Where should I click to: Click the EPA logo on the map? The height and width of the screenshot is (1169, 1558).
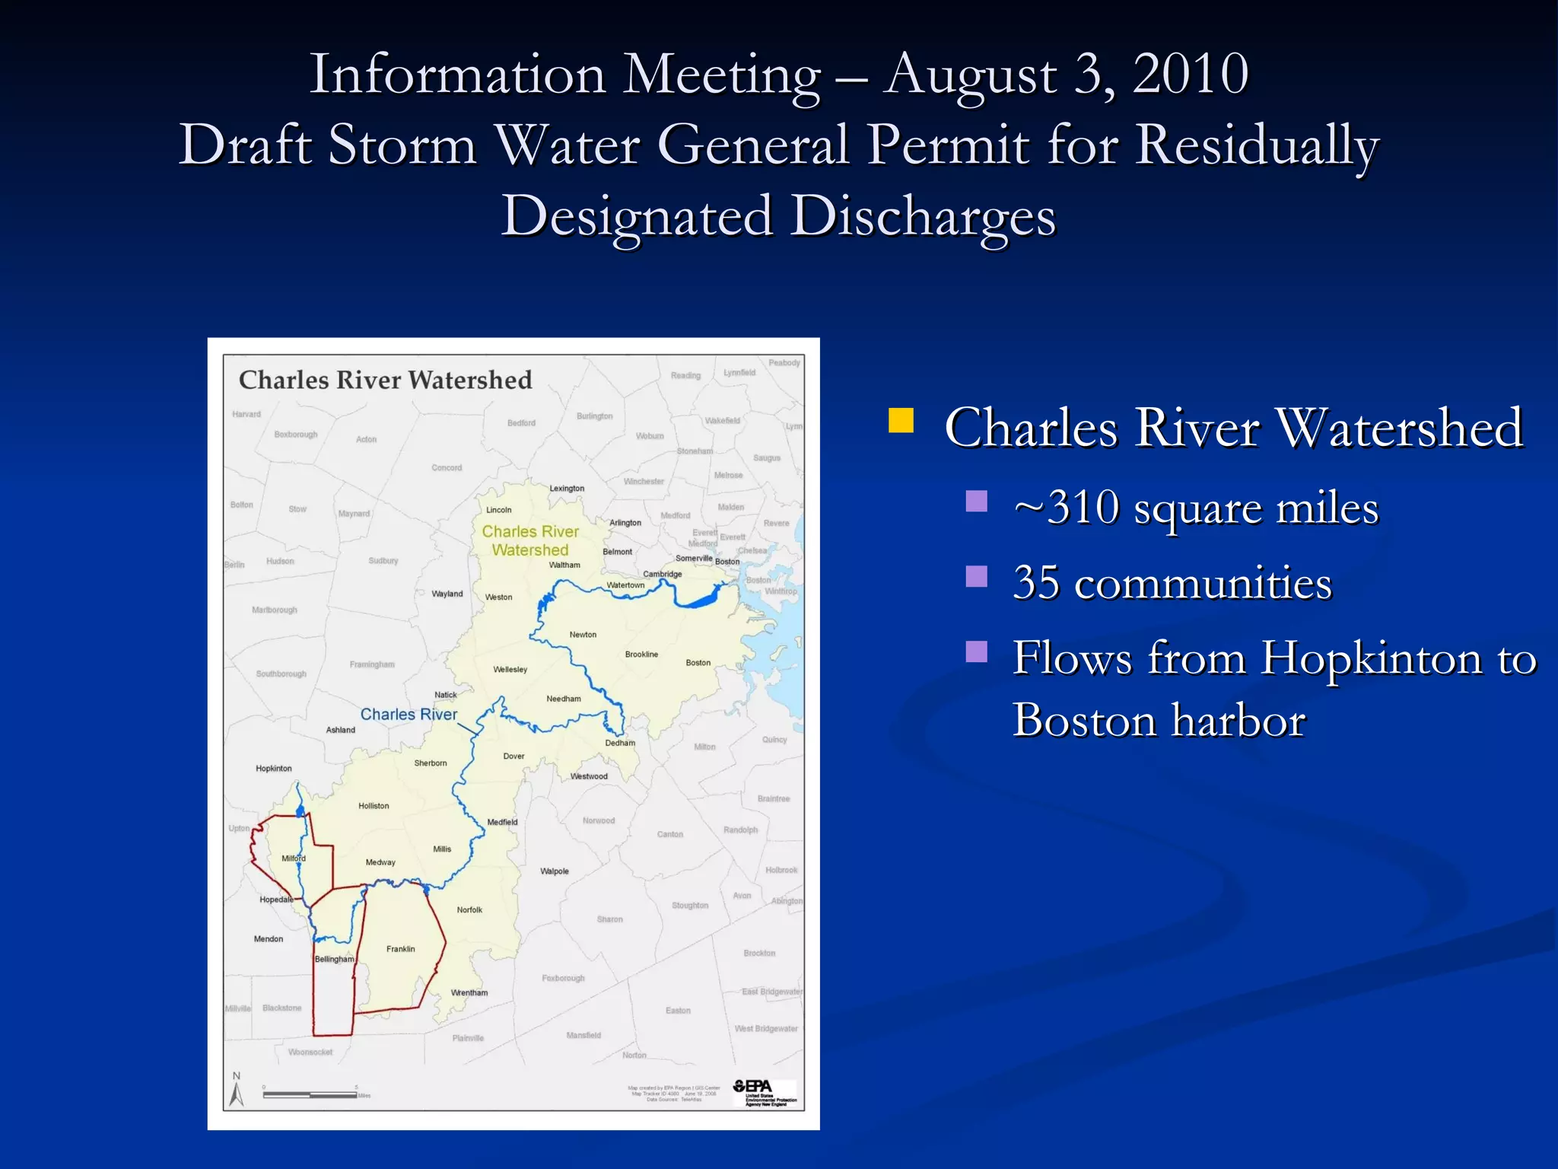[x=763, y=1092]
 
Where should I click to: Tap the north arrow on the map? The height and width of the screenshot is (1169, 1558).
[x=237, y=1091]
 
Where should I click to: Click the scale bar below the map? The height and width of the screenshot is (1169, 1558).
[x=310, y=1095]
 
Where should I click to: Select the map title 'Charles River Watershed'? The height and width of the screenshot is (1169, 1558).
[x=385, y=380]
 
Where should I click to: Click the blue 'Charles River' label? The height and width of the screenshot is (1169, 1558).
[x=409, y=715]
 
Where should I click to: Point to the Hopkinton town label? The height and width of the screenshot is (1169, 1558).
[x=274, y=769]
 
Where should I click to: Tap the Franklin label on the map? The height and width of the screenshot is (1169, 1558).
[x=401, y=949]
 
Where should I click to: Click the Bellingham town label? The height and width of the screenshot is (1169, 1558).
[x=334, y=959]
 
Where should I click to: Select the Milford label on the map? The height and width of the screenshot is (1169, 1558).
[x=294, y=858]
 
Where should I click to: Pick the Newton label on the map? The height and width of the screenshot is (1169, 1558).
[x=583, y=635]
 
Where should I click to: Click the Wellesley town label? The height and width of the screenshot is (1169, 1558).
[x=510, y=670]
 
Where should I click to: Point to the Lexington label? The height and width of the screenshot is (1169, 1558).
[x=567, y=489]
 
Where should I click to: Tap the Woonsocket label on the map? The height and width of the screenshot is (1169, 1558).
[x=310, y=1053]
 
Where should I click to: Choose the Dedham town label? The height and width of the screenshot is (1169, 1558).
[x=620, y=743]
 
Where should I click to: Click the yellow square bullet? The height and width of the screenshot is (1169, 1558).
[x=901, y=421]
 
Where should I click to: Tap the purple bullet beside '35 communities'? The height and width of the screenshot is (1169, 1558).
[x=977, y=577]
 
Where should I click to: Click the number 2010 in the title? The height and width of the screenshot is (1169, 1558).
[x=1191, y=75]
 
